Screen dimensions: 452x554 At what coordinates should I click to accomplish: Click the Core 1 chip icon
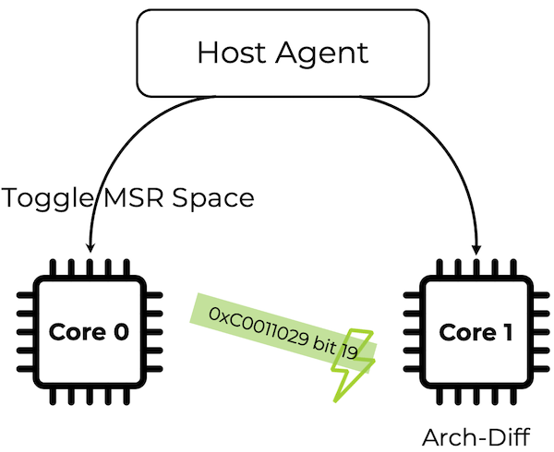pos(475,332)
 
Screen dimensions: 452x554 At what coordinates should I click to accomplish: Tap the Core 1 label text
pos(475,332)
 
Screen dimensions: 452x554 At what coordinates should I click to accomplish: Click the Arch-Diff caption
pos(474,434)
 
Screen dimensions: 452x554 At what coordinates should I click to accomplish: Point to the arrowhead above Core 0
pos(90,244)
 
